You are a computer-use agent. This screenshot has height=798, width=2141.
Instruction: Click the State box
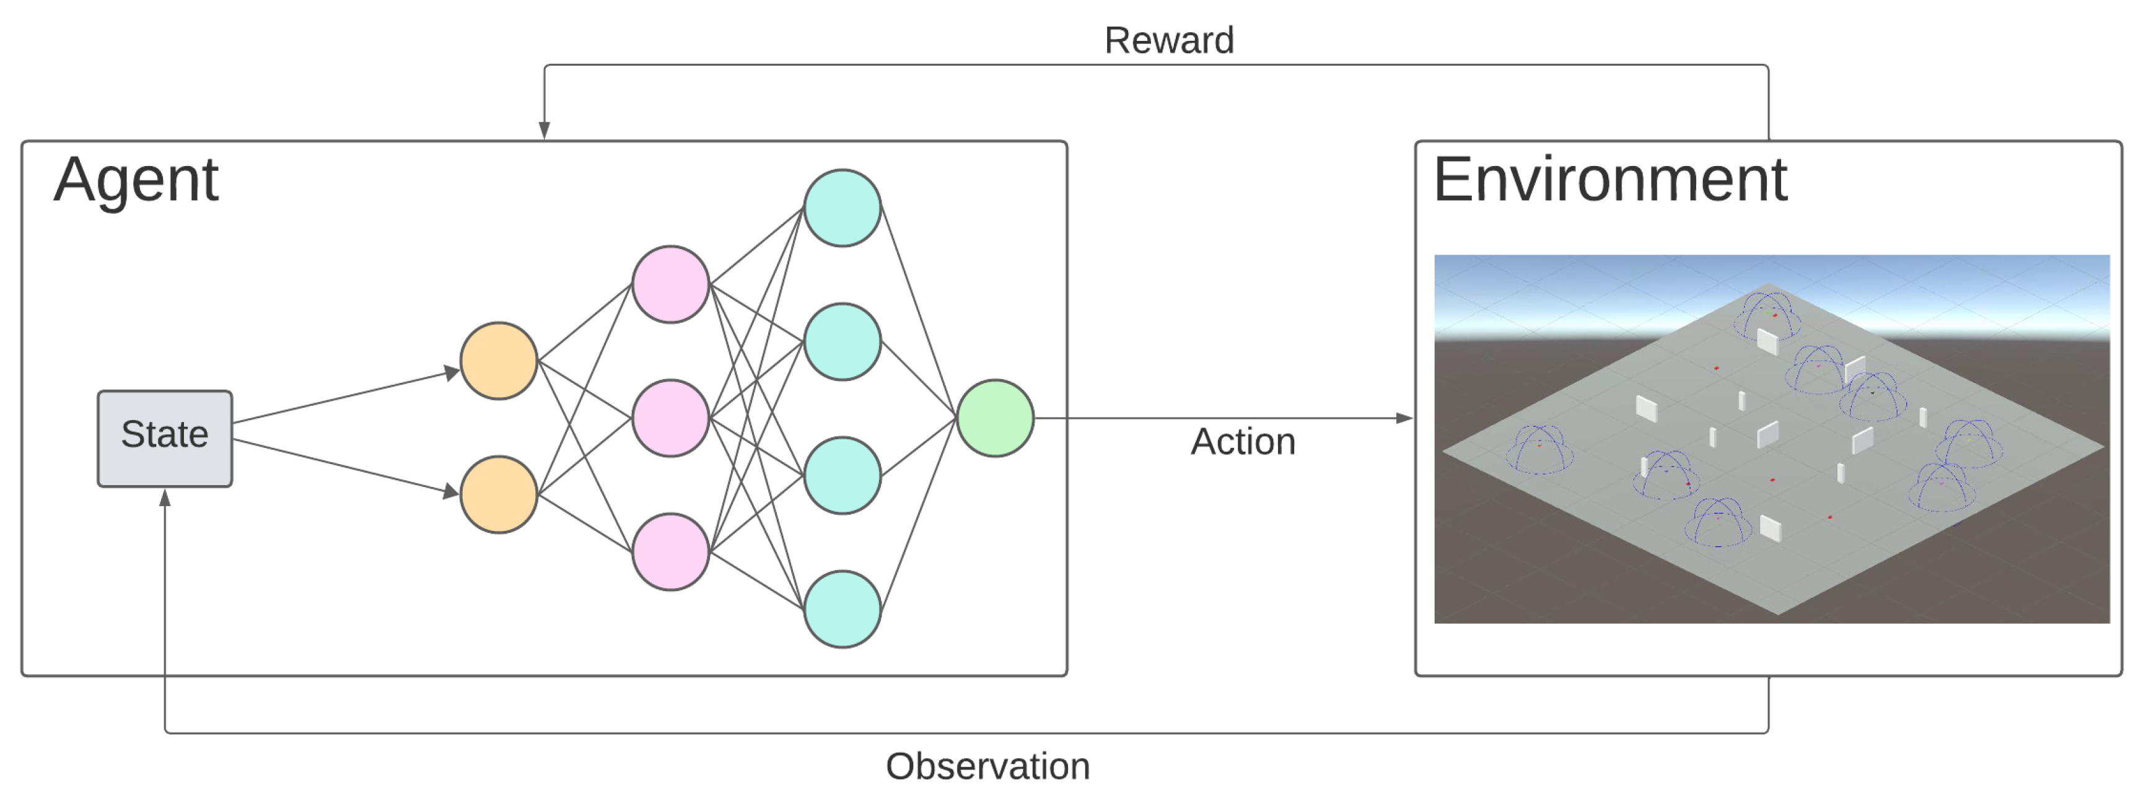[x=165, y=438]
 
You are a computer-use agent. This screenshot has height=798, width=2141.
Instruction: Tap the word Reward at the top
[x=1168, y=40]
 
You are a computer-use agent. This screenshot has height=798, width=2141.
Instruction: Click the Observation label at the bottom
[x=987, y=766]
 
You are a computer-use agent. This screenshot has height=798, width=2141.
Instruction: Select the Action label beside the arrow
[x=1243, y=441]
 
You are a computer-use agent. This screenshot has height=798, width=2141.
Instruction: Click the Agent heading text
[x=136, y=180]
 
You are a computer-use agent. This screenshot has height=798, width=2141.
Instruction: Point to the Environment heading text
[x=1610, y=180]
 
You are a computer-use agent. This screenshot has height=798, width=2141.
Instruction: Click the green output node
[x=995, y=418]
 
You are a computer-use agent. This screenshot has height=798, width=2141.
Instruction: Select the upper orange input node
[x=499, y=361]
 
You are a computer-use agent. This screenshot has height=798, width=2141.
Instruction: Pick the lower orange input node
[x=499, y=494]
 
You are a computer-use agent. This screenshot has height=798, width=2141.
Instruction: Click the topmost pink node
[x=670, y=284]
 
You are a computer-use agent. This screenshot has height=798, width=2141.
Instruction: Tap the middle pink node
[x=670, y=418]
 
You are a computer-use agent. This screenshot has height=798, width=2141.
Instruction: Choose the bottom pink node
[x=670, y=552]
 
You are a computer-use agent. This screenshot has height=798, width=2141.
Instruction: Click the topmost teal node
[x=842, y=208]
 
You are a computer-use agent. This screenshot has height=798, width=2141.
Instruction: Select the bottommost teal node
[x=842, y=609]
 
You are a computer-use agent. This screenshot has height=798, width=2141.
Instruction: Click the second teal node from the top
[x=842, y=341]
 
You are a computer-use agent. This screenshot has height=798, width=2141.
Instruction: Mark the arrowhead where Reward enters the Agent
[x=545, y=131]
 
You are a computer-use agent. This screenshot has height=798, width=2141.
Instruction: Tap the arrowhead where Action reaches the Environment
[x=1404, y=418]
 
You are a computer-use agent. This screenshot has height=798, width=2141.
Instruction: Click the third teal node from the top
[x=842, y=475]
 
